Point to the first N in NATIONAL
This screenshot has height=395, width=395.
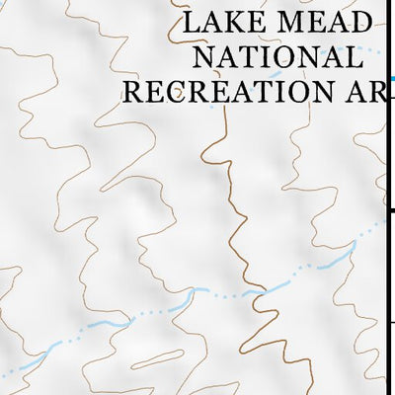point(195,56)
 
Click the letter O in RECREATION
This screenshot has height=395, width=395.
point(301,92)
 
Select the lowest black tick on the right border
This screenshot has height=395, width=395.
point(390,323)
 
